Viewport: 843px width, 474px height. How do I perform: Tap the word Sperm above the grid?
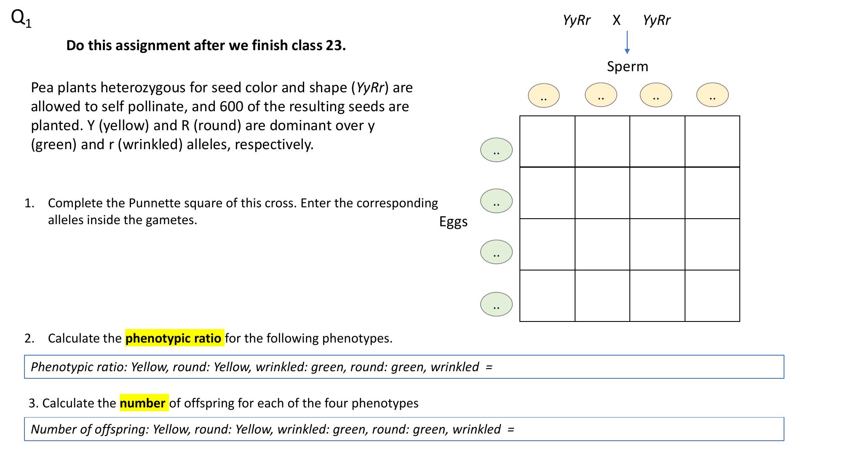click(x=627, y=67)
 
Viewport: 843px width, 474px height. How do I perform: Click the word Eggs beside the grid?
click(x=453, y=222)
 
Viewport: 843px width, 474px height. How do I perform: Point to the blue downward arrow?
click(x=627, y=43)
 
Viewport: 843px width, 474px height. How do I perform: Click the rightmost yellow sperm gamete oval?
click(x=712, y=95)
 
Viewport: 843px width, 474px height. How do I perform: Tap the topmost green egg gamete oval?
click(x=496, y=150)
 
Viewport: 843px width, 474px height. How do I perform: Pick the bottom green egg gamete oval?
click(x=496, y=304)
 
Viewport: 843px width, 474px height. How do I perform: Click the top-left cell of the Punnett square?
click(x=547, y=142)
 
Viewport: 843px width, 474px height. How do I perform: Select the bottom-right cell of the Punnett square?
click(x=712, y=296)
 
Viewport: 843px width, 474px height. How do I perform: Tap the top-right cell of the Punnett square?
click(x=712, y=142)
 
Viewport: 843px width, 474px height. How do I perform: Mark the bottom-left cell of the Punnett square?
click(x=547, y=296)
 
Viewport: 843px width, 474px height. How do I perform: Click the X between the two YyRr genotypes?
click(x=616, y=20)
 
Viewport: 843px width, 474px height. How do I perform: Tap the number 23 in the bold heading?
click(x=334, y=46)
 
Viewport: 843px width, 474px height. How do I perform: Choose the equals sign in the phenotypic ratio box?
click(x=489, y=367)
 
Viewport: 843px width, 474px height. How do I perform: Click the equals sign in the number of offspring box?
click(x=511, y=429)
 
